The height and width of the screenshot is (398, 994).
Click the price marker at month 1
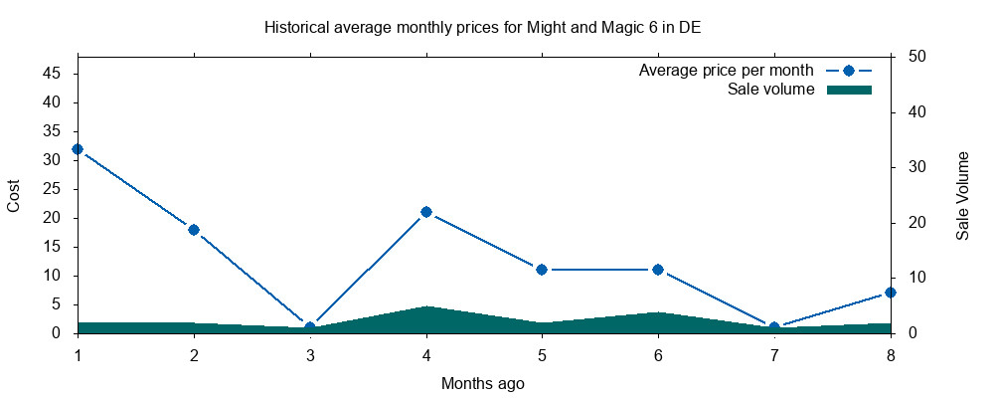click(x=78, y=149)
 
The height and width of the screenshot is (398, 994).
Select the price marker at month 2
click(x=194, y=230)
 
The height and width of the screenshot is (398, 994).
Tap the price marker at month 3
click(x=310, y=327)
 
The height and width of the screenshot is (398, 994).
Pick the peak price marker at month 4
click(x=426, y=212)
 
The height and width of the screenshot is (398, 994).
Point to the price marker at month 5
click(x=542, y=270)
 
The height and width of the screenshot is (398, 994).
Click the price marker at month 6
click(x=658, y=270)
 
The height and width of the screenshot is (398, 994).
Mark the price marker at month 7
click(x=774, y=327)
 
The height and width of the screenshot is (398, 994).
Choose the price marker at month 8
click(x=891, y=293)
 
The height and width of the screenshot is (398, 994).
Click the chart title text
click(x=482, y=27)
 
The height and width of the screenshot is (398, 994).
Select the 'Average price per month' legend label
click(x=727, y=71)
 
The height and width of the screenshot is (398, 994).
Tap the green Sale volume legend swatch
click(x=849, y=90)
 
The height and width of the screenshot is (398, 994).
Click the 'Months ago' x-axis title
click(x=483, y=383)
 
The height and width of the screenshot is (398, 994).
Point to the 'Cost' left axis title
click(x=14, y=195)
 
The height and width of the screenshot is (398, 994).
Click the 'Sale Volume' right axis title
click(x=963, y=195)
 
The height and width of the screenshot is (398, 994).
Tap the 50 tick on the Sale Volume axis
click(x=917, y=57)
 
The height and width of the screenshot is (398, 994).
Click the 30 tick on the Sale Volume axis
click(x=917, y=167)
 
